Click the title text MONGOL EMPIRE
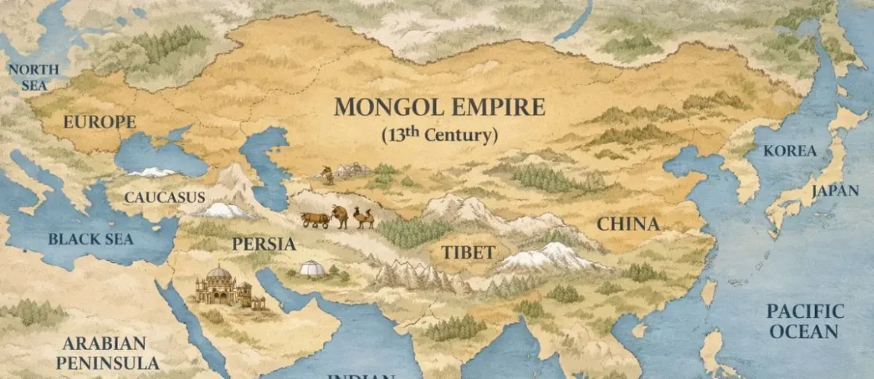click(x=439, y=107)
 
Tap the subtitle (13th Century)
click(x=439, y=135)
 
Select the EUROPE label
click(x=99, y=122)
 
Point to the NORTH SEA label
click(x=34, y=78)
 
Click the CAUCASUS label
click(x=164, y=198)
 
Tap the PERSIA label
click(x=264, y=244)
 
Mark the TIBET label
click(x=468, y=252)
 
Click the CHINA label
click(x=627, y=224)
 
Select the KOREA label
click(x=790, y=151)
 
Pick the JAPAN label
click(x=834, y=191)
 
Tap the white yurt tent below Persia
click(x=312, y=268)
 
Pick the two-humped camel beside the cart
click(x=364, y=217)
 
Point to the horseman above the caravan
click(x=327, y=175)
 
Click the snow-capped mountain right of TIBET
click(x=549, y=257)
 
